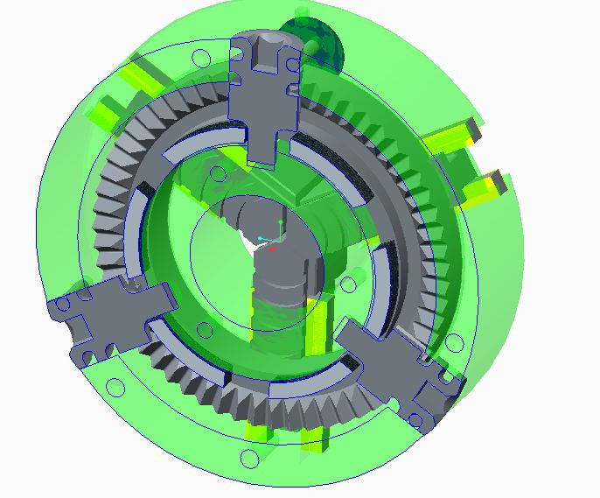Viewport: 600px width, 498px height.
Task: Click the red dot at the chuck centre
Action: pyautogui.click(x=273, y=249)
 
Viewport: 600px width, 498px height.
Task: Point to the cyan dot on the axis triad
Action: pyautogui.click(x=260, y=238)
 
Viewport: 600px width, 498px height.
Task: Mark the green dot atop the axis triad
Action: pyautogui.click(x=281, y=222)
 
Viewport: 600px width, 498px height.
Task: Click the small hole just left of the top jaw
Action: pyautogui.click(x=200, y=59)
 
